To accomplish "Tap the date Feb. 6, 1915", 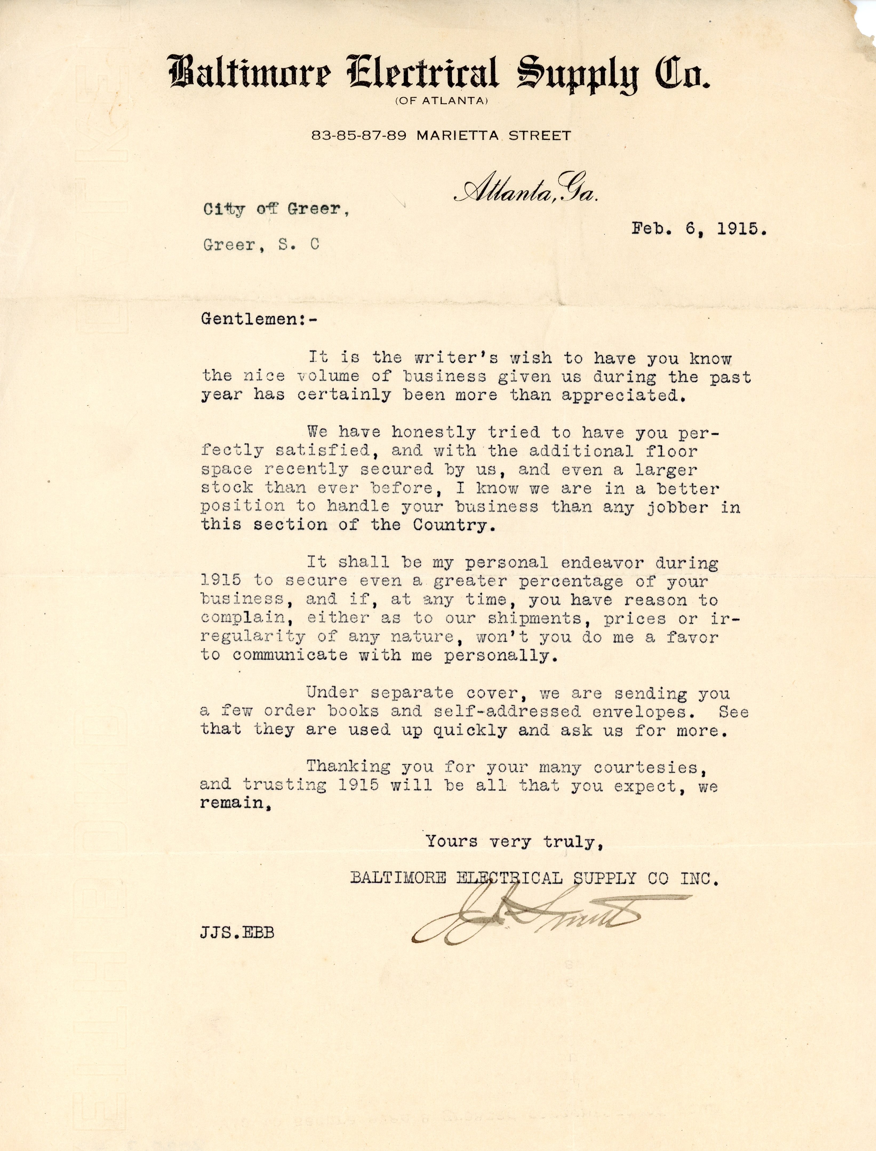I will pyautogui.click(x=699, y=229).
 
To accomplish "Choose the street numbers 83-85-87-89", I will pyautogui.click(x=359, y=136).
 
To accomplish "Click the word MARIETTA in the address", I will pyautogui.click(x=459, y=136).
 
